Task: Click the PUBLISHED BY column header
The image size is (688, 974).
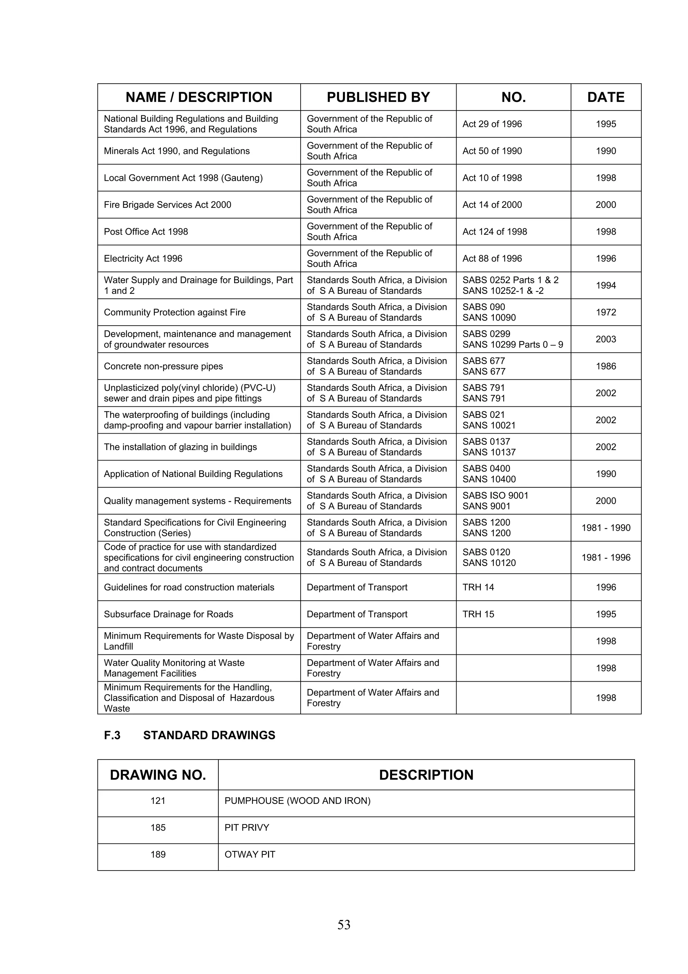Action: pyautogui.click(x=378, y=97)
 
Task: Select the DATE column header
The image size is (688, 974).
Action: pyautogui.click(x=605, y=97)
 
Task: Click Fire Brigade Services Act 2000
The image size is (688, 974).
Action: pyautogui.click(x=167, y=205)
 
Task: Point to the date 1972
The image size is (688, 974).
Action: pyautogui.click(x=605, y=312)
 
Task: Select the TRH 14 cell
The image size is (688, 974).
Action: pyautogui.click(x=478, y=587)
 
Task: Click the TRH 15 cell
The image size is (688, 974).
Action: pyautogui.click(x=478, y=614)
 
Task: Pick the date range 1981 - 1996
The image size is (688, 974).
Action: pyautogui.click(x=605, y=558)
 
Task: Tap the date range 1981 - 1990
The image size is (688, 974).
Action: pyautogui.click(x=605, y=528)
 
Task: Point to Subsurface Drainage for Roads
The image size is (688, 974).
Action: pyautogui.click(x=168, y=614)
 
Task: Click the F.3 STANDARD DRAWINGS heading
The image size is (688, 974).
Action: pyautogui.click(x=189, y=735)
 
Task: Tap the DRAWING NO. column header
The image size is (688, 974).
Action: pyautogui.click(x=158, y=775)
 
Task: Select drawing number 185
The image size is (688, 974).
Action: pyautogui.click(x=158, y=828)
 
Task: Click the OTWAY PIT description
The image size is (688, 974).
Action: pyautogui.click(x=250, y=854)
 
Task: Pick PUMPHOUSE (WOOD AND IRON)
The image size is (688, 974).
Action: pyautogui.click(x=297, y=801)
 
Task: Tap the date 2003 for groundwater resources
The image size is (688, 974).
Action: pyautogui.click(x=605, y=339)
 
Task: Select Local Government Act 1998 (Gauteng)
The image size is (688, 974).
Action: pyautogui.click(x=183, y=178)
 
